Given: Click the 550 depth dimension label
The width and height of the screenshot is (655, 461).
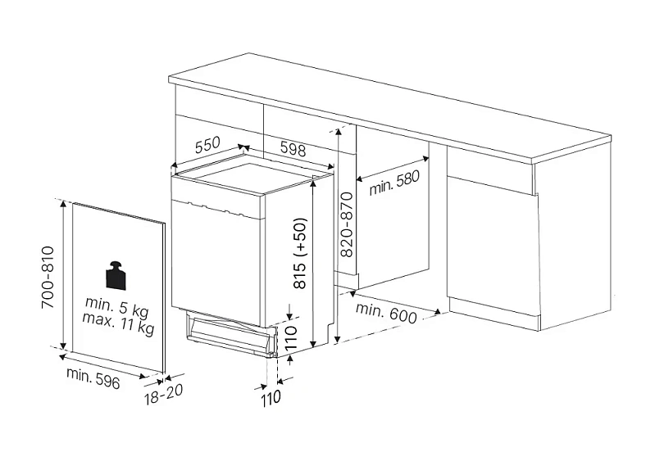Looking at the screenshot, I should click(208, 145).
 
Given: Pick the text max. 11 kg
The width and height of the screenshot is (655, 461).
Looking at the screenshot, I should click(120, 328).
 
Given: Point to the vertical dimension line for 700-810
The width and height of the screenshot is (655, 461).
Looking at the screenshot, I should click(62, 275).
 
